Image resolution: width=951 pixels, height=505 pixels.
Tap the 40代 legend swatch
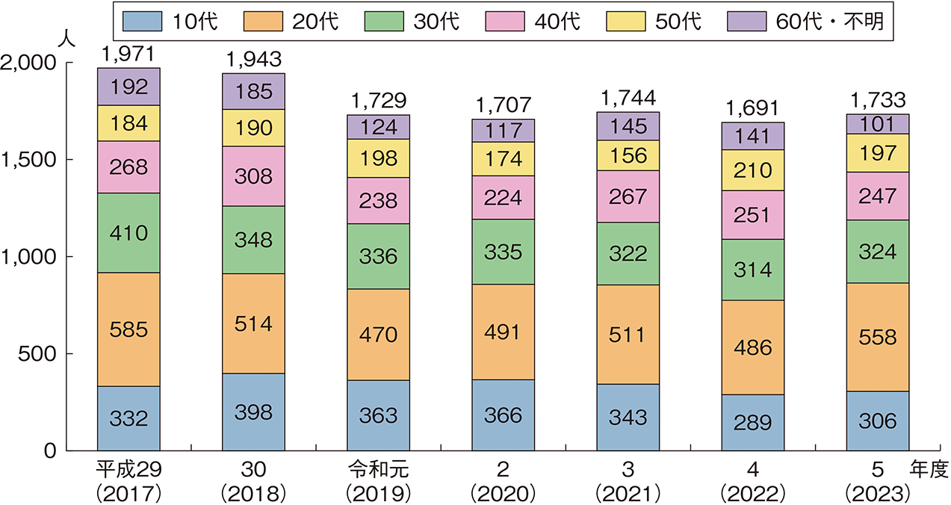[509, 22]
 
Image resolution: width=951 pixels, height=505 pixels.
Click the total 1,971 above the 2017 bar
[128, 55]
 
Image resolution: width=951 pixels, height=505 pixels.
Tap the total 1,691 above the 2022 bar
[752, 109]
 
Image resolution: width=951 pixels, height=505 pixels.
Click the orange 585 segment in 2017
[128, 329]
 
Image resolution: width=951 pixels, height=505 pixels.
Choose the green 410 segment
[128, 233]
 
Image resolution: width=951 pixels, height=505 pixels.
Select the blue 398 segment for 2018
[253, 412]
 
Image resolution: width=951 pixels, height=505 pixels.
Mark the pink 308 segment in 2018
[253, 176]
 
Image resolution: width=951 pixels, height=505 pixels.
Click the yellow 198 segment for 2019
[379, 158]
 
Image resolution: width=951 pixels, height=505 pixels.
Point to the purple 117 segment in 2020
[504, 131]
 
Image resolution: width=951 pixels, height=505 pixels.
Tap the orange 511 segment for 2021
[628, 335]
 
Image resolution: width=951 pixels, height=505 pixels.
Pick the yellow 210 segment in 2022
[752, 170]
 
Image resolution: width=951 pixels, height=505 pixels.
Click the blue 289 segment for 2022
[752, 423]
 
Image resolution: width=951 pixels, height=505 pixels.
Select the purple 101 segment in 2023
[877, 124]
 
